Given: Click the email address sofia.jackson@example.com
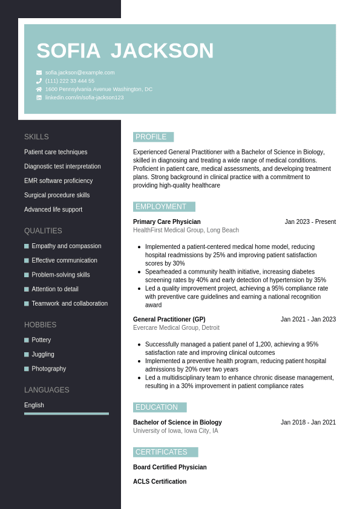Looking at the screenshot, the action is coord(80,73).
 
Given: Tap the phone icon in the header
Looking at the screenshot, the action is coord(39,81).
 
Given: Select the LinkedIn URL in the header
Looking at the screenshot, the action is coord(84,97).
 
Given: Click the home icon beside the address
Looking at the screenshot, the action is coord(39,89).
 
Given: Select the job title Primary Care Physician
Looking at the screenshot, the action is coord(167,222).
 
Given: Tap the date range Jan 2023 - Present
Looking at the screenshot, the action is coord(310,222).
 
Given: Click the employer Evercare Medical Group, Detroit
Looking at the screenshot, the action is coord(176,328).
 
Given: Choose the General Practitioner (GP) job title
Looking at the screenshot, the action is coord(169,320).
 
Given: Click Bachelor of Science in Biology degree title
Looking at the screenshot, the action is coord(177,422).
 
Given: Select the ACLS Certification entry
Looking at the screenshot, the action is coord(160,482).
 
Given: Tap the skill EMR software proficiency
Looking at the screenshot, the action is coord(59,181).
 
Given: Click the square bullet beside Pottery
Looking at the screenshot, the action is coord(27,340).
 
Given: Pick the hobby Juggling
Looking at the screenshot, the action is coord(43,355).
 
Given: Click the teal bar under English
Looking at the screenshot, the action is coord(67,414).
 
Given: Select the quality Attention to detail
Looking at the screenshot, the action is coord(55,289).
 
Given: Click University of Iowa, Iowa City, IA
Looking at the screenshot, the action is coord(175,431).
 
